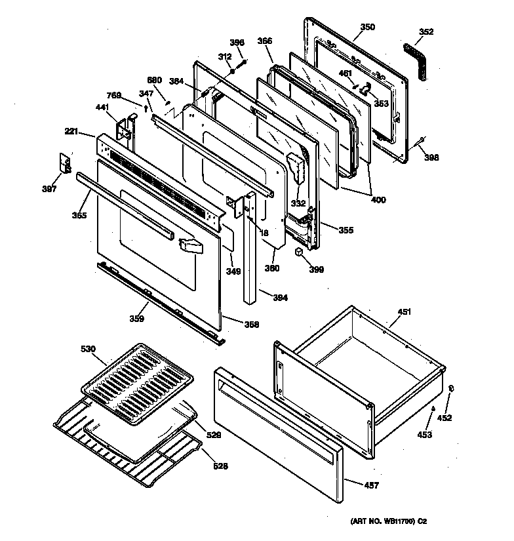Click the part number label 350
pyautogui.click(x=368, y=27)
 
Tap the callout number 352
pyautogui.click(x=426, y=31)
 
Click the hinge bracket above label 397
pyautogui.click(x=66, y=163)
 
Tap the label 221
pyautogui.click(x=71, y=131)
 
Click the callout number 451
pyautogui.click(x=405, y=312)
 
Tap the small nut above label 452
pyautogui.click(x=452, y=390)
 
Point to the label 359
pyautogui.click(x=136, y=319)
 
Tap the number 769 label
pyautogui.click(x=114, y=96)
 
